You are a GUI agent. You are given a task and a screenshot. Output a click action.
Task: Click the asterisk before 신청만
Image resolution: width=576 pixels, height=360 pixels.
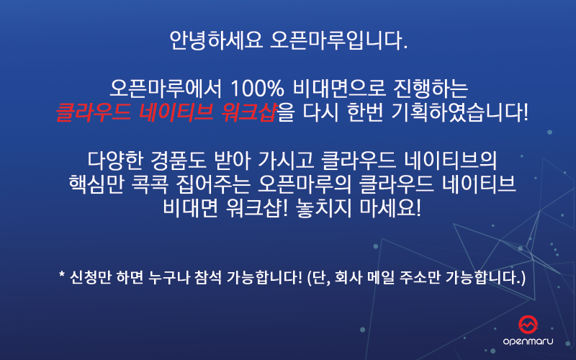pos(63,275)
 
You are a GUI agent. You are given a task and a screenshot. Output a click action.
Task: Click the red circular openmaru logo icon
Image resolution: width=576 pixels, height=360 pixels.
pos(534,324)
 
